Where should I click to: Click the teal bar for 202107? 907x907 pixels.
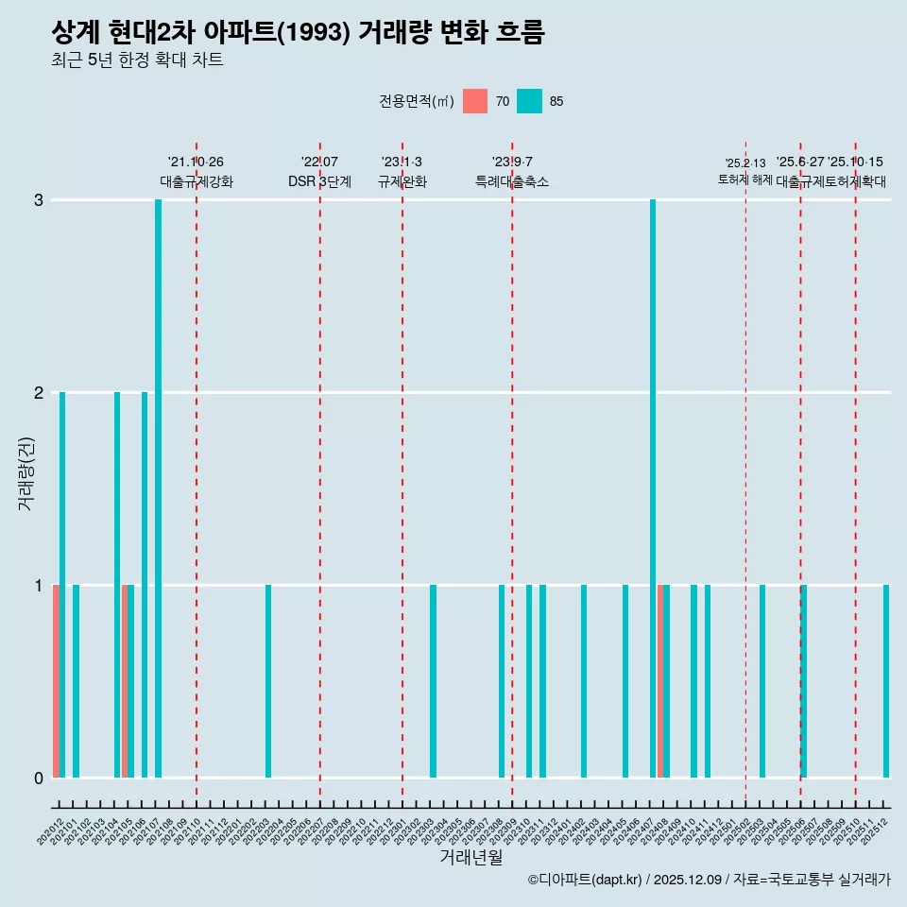158,488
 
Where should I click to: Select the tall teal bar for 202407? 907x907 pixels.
653,488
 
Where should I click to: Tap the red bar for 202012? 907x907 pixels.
56,681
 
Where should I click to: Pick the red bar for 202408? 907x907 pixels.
660,681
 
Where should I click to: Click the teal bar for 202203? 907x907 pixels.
268,681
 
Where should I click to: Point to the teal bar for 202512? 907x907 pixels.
886,681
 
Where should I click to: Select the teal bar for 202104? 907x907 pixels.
117,585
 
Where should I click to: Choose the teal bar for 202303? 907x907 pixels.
433,681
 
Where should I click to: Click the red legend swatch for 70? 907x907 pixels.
475,101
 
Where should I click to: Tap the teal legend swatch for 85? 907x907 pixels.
529,101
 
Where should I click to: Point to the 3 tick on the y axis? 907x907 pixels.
39,199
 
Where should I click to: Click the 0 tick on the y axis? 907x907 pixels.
39,778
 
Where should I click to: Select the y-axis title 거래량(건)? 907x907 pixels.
26,472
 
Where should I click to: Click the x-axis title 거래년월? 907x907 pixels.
471,857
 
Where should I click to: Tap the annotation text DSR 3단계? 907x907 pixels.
319,181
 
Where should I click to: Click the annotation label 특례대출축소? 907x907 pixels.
511,181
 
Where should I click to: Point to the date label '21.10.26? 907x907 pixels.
196,163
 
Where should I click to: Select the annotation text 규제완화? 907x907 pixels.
402,181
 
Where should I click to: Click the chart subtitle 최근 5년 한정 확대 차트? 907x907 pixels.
138,60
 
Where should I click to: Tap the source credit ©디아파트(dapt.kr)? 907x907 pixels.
585,880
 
